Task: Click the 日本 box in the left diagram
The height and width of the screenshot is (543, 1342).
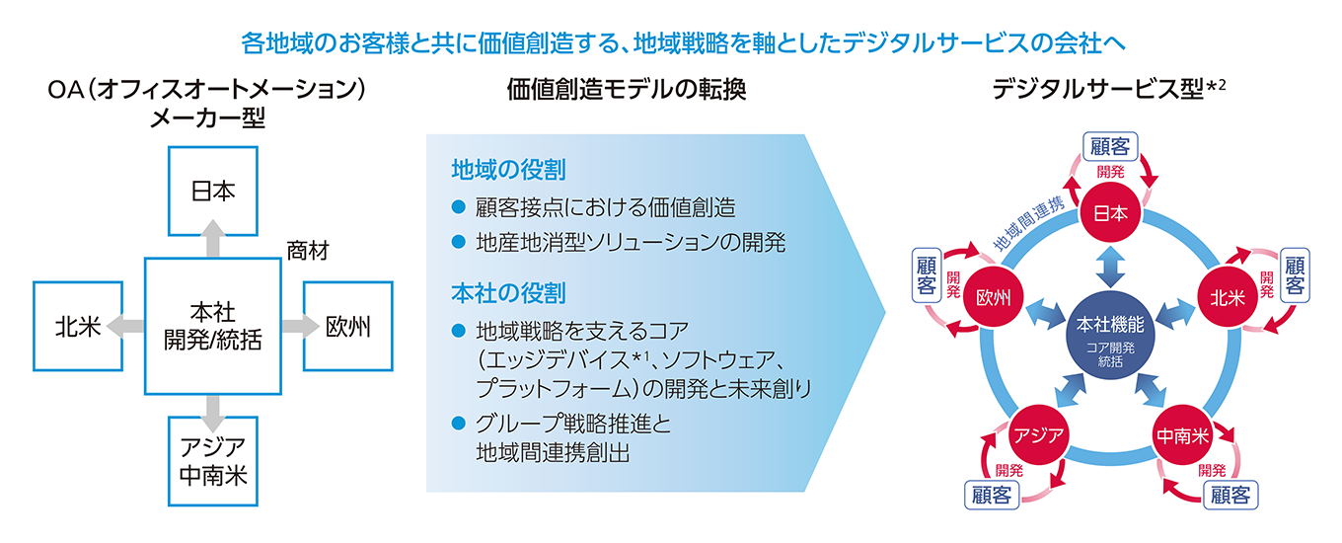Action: click(x=212, y=191)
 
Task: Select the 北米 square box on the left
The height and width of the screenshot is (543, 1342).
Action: click(x=78, y=327)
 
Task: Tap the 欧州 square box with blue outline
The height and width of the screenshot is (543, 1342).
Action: click(x=347, y=327)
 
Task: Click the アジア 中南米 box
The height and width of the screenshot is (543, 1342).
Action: click(x=212, y=460)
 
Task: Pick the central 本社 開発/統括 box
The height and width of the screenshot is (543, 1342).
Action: click(x=212, y=325)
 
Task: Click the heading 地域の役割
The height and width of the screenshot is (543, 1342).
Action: click(x=507, y=170)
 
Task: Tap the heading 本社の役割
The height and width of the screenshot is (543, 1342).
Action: click(x=507, y=294)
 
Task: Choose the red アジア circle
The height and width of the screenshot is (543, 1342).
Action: click(x=1037, y=435)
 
